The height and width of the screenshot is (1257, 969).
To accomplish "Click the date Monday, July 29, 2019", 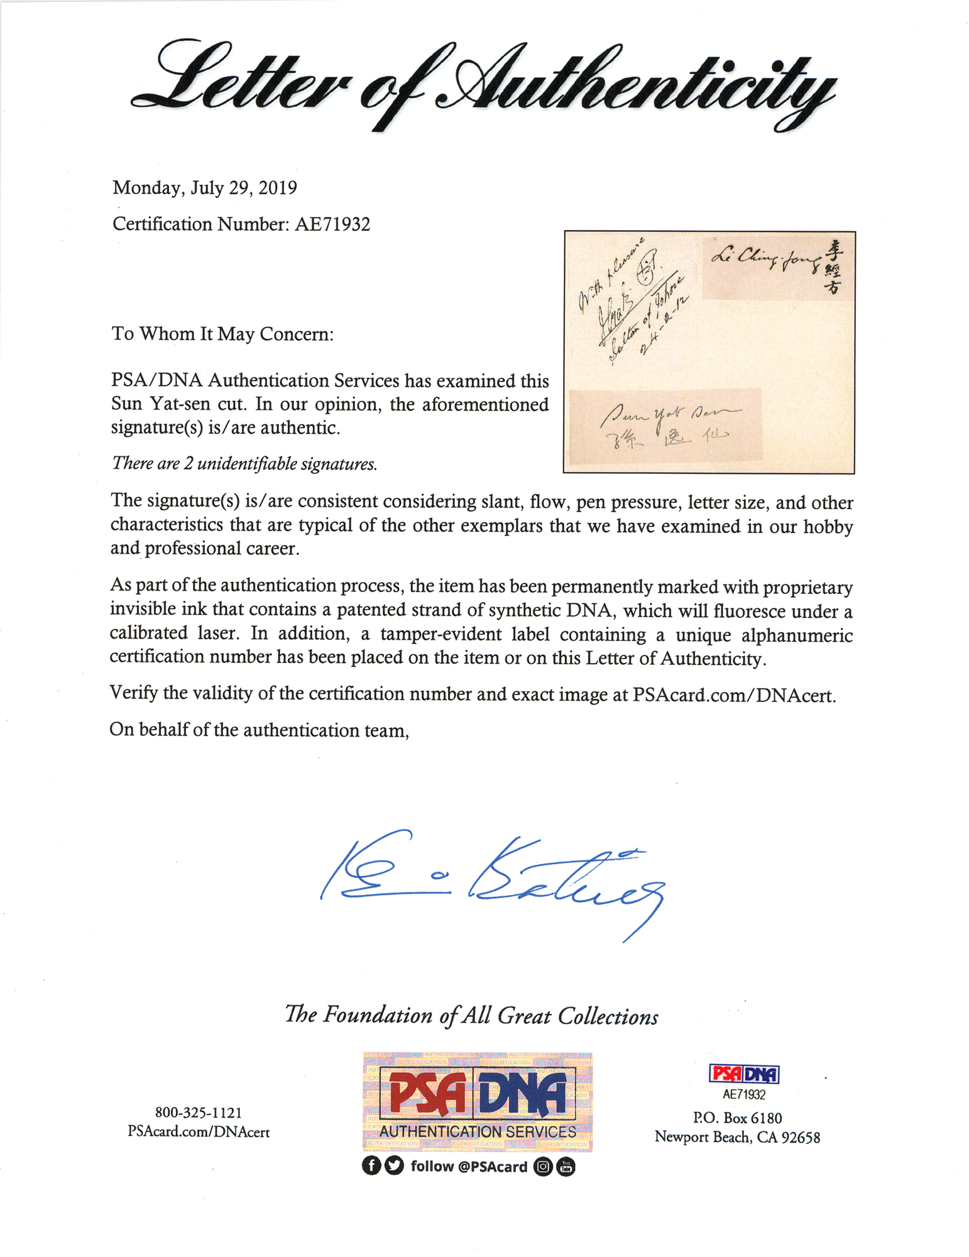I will [x=205, y=188].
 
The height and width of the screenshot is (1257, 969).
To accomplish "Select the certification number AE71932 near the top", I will [x=332, y=224].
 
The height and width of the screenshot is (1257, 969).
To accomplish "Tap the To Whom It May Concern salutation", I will [x=222, y=334].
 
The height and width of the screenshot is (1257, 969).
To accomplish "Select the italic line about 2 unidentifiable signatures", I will [x=244, y=464].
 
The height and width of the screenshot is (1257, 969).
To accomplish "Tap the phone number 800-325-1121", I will [x=199, y=1112].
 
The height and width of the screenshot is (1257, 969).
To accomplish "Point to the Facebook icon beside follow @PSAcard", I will [x=371, y=1166].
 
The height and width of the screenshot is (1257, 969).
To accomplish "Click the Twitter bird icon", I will [x=394, y=1166].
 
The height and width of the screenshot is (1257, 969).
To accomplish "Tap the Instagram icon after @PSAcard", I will [x=543, y=1167].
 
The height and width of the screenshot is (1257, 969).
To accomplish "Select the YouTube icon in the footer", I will [x=566, y=1167].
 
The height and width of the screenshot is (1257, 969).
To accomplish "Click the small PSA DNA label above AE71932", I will [x=744, y=1074].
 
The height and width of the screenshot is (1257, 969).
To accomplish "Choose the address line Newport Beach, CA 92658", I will [x=737, y=1137].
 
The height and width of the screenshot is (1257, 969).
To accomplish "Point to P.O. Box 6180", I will [x=737, y=1118].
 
